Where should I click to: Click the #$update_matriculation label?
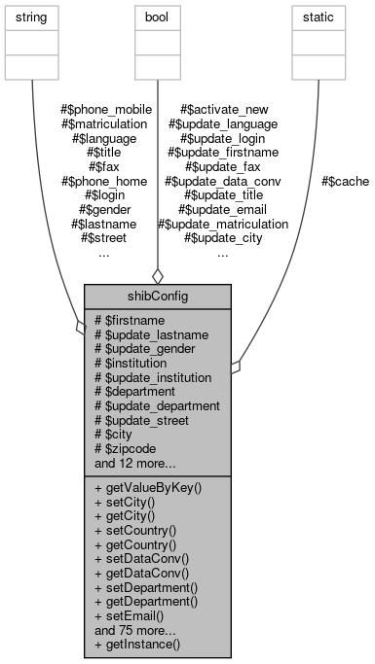point(223,224)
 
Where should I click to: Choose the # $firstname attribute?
point(130,320)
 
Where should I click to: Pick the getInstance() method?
point(137,645)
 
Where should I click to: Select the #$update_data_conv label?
point(223,181)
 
